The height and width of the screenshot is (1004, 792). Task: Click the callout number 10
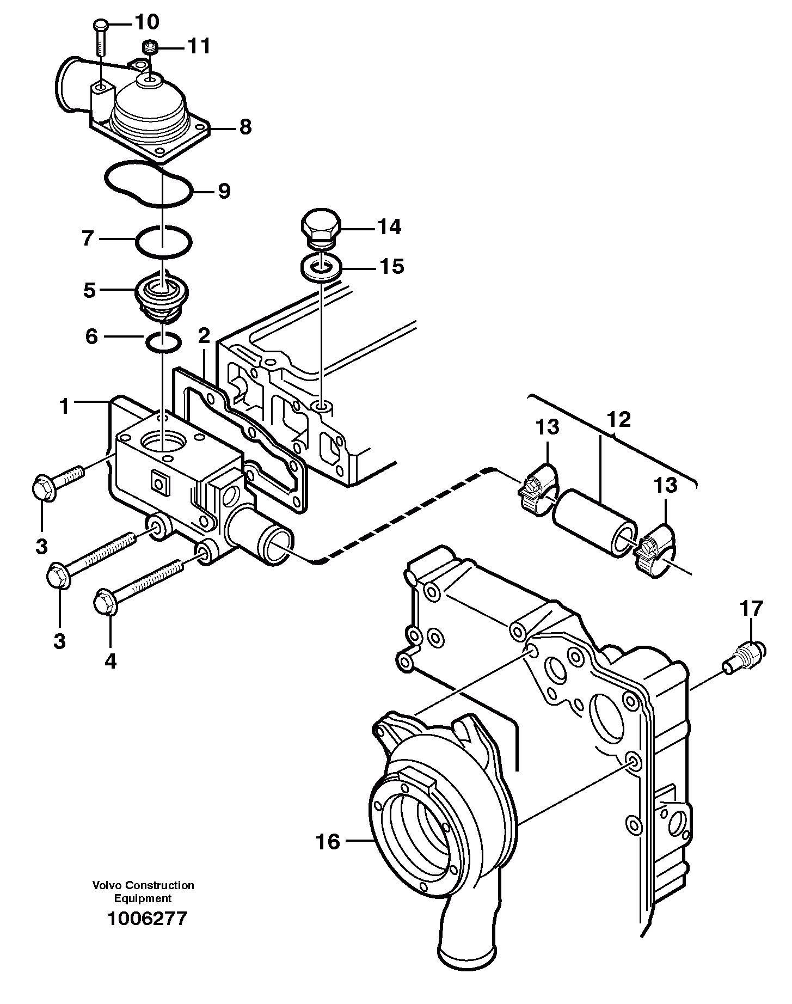coord(146,22)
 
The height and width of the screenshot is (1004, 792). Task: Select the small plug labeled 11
coord(150,48)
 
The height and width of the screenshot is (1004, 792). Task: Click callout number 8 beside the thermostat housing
coord(245,128)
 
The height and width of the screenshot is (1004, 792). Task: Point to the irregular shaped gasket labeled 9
coord(148,184)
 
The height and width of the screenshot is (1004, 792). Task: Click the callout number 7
coord(88,238)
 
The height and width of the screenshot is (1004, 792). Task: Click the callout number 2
coord(204,336)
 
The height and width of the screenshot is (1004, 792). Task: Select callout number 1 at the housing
coord(65,406)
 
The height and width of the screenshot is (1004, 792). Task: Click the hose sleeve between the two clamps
coord(594,520)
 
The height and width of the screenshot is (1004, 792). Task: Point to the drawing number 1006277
coord(147,919)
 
